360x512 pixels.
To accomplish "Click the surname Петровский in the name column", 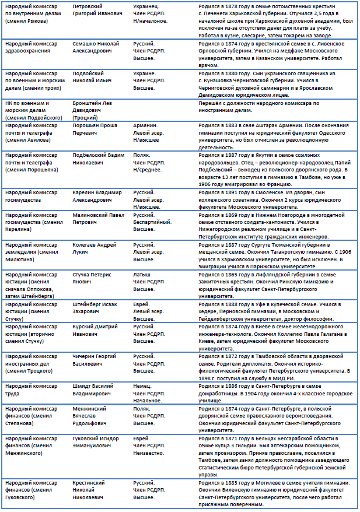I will pyautogui.click(x=89, y=5).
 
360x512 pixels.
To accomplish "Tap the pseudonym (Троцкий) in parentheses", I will pyautogui.click(x=85, y=117).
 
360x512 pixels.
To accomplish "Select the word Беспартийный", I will pyautogui.click(x=152, y=222).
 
